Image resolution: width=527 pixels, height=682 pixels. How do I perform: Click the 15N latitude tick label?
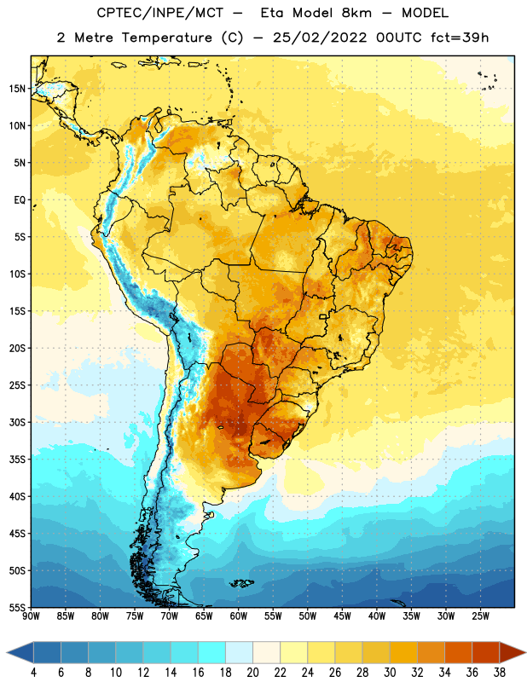pyautogui.click(x=17, y=89)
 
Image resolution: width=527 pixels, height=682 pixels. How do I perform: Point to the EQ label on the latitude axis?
pyautogui.click(x=20, y=200)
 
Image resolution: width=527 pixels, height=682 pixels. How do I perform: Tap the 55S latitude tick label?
pyautogui.click(x=17, y=607)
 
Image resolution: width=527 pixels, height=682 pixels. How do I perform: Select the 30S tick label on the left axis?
pyautogui.click(x=17, y=422)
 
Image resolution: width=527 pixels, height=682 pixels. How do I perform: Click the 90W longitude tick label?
pyautogui.click(x=31, y=616)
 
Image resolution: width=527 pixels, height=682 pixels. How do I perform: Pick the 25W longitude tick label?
pyautogui.click(x=480, y=616)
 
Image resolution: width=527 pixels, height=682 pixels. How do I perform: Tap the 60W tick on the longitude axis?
pyautogui.click(x=239, y=616)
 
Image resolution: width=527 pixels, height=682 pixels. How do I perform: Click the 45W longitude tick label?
pyautogui.click(x=342, y=616)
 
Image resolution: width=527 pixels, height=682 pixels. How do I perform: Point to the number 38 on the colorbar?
pyautogui.click(x=499, y=673)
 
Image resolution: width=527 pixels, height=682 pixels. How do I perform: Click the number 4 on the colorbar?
pyautogui.click(x=33, y=673)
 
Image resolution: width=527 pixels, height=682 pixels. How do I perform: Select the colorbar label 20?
pyautogui.click(x=252, y=673)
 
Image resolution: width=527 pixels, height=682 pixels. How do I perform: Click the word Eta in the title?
pyautogui.click(x=272, y=13)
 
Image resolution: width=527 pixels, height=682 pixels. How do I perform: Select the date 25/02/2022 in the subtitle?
pyautogui.click(x=320, y=38)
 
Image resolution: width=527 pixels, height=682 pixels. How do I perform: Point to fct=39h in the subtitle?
pyautogui.click(x=460, y=38)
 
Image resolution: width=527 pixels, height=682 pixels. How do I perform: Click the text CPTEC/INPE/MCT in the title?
pyautogui.click(x=160, y=13)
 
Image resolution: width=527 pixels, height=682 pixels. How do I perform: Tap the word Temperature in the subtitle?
pyautogui.click(x=166, y=38)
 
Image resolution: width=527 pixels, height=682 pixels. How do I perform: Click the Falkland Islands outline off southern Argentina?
pyautogui.click(x=242, y=583)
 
